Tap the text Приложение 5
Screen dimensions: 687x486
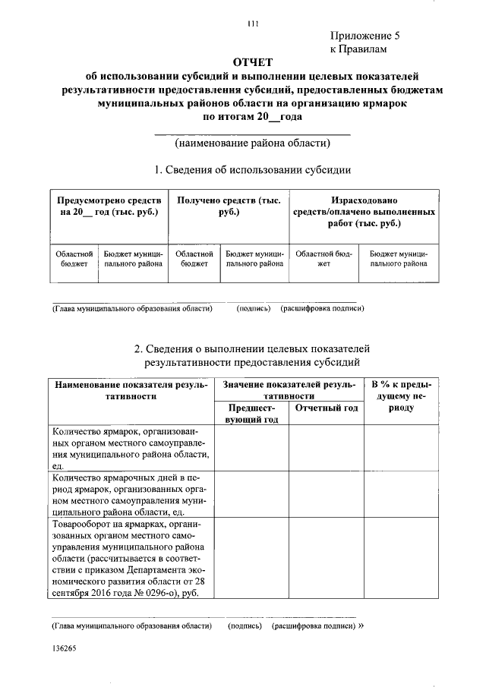tap(364, 36)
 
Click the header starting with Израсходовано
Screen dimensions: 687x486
tap(364, 212)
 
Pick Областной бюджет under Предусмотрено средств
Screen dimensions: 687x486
tap(74, 259)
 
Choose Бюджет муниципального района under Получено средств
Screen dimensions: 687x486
tap(255, 259)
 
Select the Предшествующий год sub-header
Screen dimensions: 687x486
tap(250, 413)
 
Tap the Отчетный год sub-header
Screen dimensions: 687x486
tap(325, 408)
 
